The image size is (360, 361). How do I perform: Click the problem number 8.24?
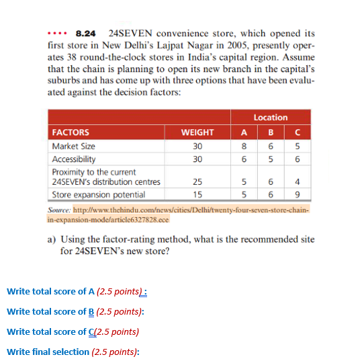85,32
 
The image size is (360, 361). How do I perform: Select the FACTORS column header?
71,132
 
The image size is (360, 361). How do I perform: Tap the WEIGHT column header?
197,132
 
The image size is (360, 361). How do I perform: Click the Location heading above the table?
271,118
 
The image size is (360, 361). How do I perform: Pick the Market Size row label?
74,146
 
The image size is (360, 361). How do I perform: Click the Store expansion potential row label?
98,195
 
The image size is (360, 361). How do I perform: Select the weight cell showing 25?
197,182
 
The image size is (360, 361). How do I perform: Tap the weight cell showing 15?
197,195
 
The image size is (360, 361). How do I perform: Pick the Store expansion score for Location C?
296,195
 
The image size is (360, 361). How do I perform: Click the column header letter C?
296,132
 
